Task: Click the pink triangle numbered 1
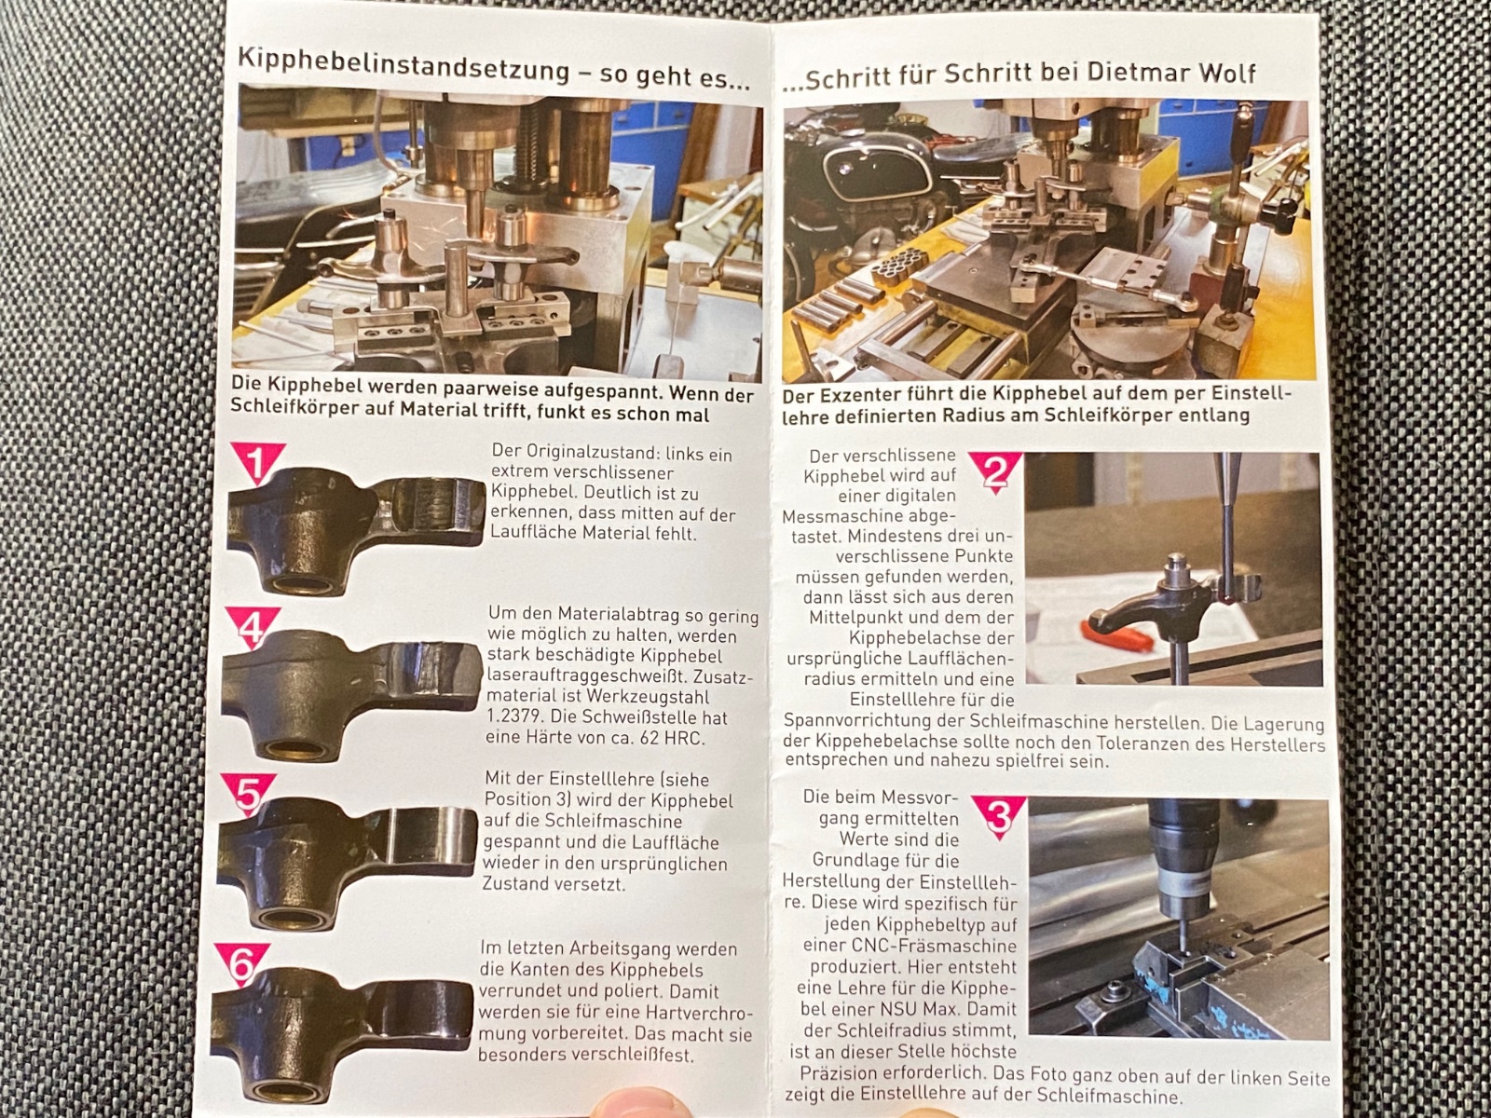pos(257,461)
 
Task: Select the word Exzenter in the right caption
pos(849,395)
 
